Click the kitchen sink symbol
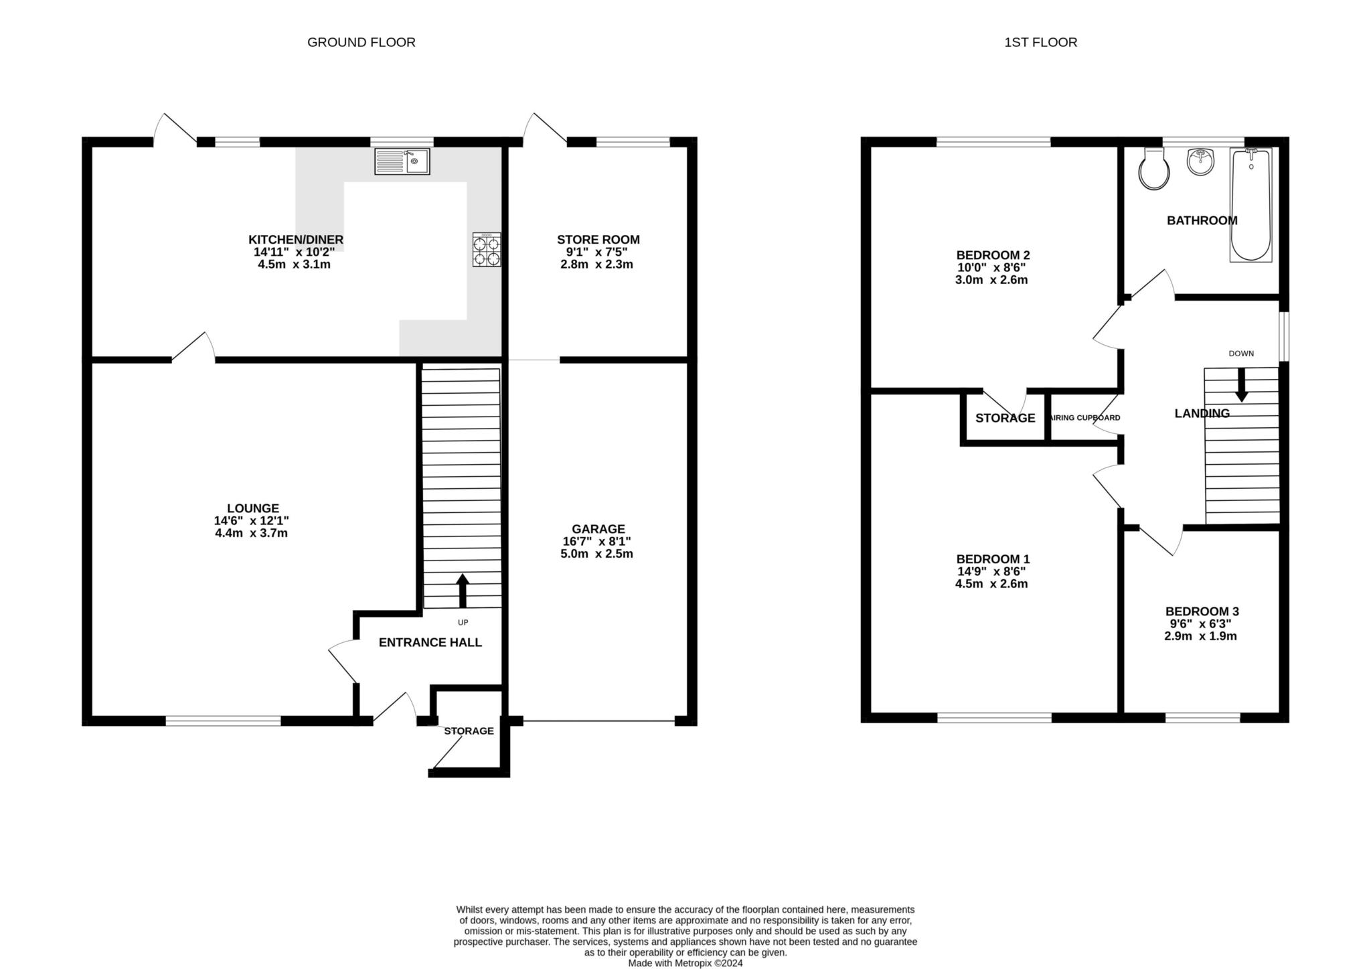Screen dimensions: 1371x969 tap(402, 161)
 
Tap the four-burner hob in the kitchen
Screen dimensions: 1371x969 tap(487, 250)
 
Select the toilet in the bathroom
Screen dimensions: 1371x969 tap(1154, 169)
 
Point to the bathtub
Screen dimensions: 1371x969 tap(1251, 204)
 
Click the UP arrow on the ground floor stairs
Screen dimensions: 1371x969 tap(462, 590)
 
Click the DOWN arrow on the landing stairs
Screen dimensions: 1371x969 tap(1242, 385)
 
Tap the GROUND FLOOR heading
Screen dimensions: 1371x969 tap(361, 42)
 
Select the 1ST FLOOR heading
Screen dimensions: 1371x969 tap(1041, 42)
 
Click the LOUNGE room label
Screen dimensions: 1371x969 tap(253, 508)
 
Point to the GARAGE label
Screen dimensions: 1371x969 tap(598, 529)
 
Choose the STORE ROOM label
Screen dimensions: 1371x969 tap(598, 239)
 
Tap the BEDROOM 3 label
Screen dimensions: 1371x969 tap(1202, 611)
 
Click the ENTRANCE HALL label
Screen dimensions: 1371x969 tap(430, 643)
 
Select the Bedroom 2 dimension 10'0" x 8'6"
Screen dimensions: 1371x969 tap(991, 267)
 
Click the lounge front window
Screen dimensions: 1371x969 tap(224, 721)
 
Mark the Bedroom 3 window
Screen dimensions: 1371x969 tap(1203, 718)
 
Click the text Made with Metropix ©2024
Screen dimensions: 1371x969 tap(685, 964)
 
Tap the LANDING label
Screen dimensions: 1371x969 tap(1202, 413)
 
